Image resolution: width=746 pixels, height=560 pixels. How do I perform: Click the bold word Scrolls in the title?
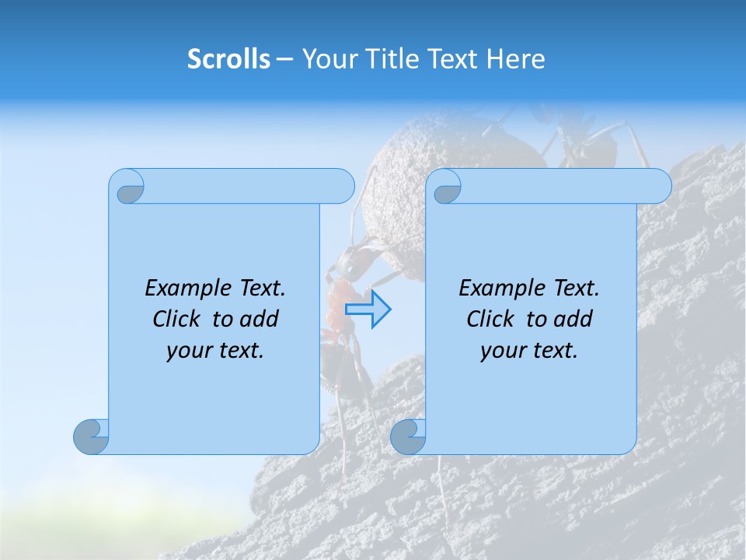[x=229, y=59]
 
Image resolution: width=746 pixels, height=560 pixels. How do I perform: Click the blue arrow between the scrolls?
[x=368, y=309]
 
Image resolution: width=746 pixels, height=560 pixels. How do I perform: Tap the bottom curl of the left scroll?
[x=92, y=436]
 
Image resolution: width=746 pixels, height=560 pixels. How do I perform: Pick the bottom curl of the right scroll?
[x=407, y=436]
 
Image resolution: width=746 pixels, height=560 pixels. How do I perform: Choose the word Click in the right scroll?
[x=491, y=320]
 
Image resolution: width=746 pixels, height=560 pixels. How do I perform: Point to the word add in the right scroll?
[x=574, y=320]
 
